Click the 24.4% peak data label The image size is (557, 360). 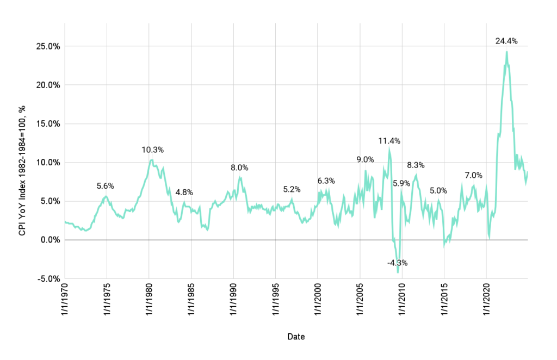506,41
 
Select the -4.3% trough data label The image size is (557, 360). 397,263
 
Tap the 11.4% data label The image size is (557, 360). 389,141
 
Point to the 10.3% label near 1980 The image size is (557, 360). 153,150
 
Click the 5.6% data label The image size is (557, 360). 106,186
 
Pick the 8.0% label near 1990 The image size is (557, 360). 239,168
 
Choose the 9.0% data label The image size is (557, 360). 365,159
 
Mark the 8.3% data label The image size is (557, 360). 416,165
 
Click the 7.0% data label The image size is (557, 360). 473,175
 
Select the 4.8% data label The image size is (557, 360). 184,192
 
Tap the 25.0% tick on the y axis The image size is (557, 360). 47,46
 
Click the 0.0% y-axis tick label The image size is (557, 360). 49,240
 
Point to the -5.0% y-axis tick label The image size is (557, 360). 48,278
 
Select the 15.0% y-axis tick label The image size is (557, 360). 47,123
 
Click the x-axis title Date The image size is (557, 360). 296,337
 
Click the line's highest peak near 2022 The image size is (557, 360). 506,52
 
